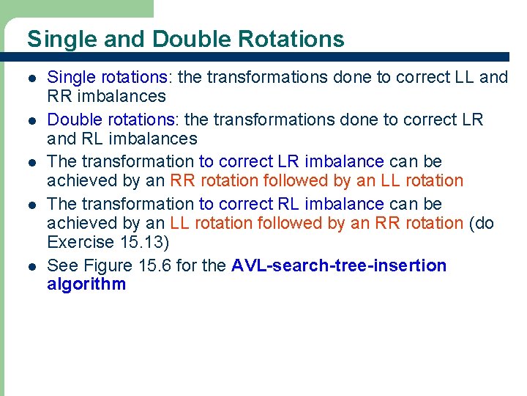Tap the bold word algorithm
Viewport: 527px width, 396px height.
[86, 285]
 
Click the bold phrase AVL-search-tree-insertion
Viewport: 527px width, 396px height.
[339, 265]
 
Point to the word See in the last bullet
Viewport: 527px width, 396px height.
[61, 265]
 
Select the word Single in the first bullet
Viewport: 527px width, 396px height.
[70, 77]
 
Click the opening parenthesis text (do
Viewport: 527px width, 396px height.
[482, 223]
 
